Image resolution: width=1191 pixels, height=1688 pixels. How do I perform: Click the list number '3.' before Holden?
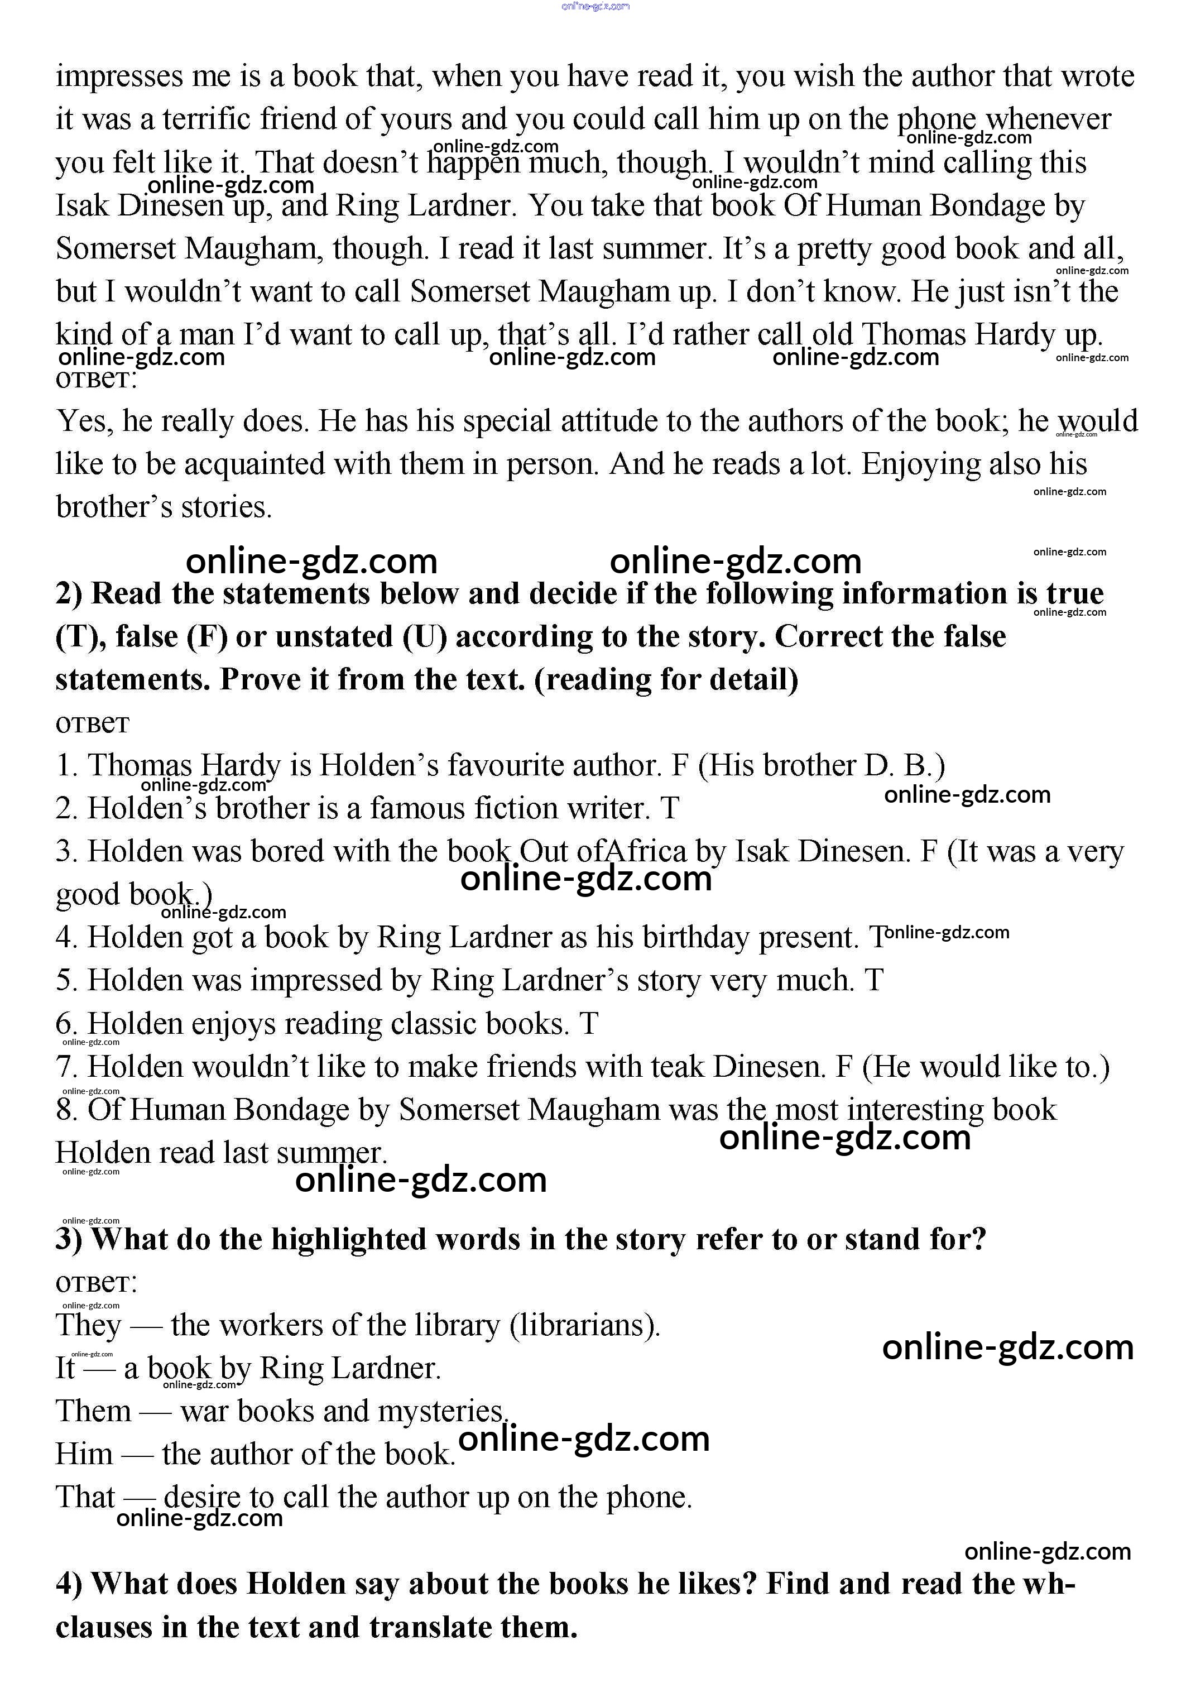[67, 852]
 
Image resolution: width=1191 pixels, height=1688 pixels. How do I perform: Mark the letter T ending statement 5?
[873, 981]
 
